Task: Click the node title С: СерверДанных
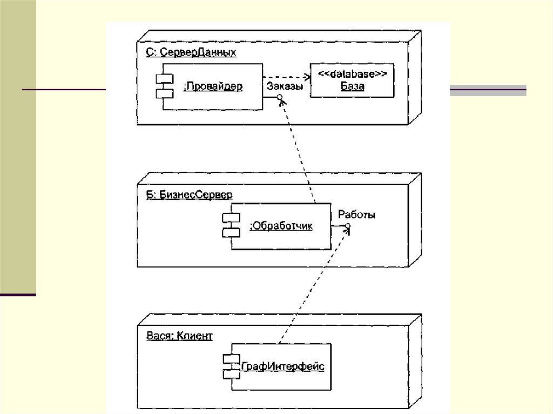point(191,53)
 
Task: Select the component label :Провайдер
point(213,86)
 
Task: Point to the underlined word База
point(352,86)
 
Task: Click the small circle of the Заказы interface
point(280,98)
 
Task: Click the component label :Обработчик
point(281,227)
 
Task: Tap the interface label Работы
point(356,215)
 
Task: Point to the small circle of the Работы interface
point(348,226)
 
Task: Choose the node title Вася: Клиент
point(179,336)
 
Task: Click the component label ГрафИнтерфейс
point(282,367)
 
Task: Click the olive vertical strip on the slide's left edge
point(18,146)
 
